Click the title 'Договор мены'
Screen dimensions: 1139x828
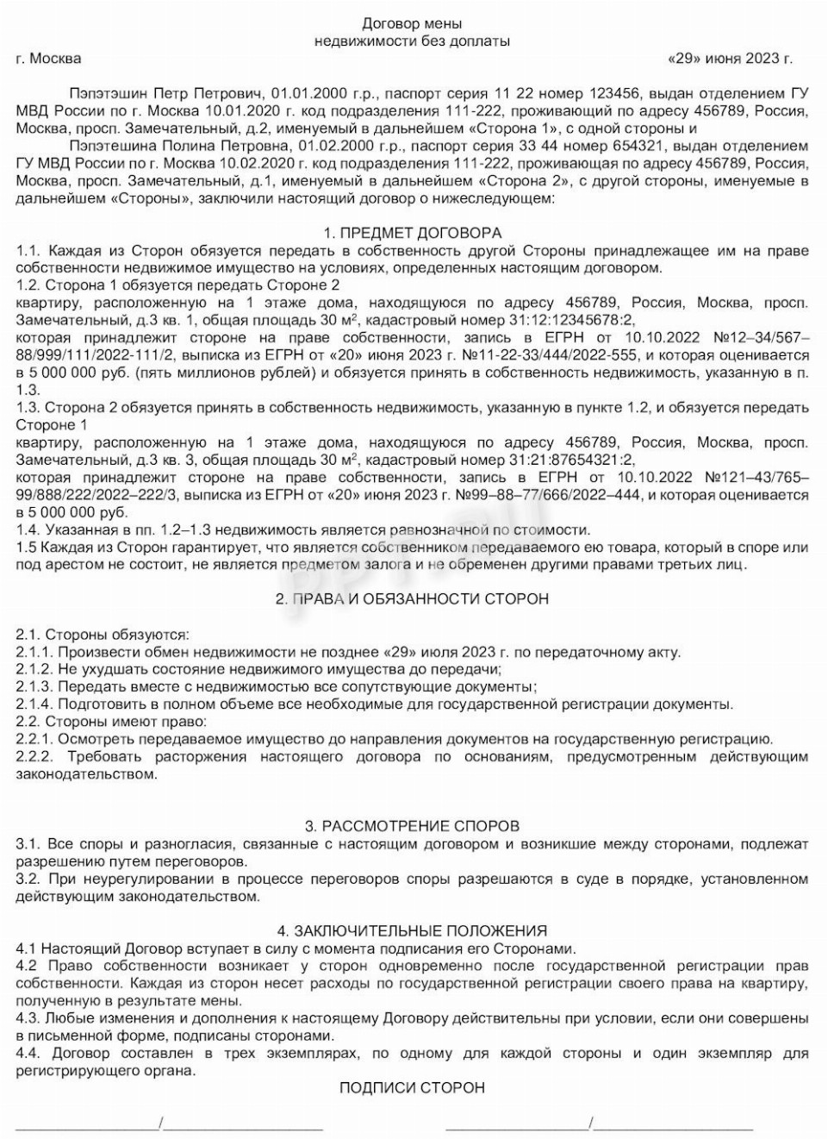click(x=412, y=23)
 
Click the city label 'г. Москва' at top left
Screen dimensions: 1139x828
click(x=48, y=59)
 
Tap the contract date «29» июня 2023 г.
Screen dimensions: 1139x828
click(x=730, y=59)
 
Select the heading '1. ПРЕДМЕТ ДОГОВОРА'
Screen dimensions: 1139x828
click(x=412, y=233)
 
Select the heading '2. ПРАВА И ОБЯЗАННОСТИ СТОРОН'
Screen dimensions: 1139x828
click(x=412, y=599)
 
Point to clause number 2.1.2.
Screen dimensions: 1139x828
click(x=34, y=669)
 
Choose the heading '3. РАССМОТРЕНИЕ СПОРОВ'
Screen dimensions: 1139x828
click(x=412, y=826)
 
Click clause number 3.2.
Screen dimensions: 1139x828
click(x=28, y=879)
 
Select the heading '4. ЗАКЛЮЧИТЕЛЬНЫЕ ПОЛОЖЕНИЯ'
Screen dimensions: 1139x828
click(x=412, y=930)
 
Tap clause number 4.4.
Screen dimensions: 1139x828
click(x=28, y=1053)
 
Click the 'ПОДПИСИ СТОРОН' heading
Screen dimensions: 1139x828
click(x=412, y=1087)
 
